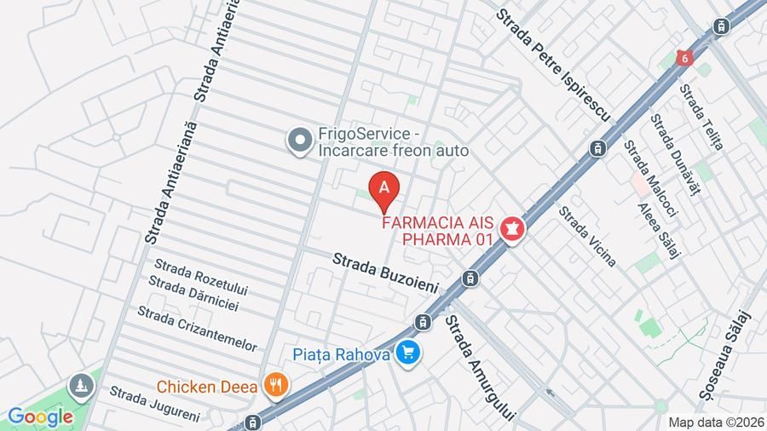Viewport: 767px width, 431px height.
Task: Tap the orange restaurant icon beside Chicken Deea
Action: (x=274, y=386)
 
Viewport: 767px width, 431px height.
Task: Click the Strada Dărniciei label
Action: (x=193, y=292)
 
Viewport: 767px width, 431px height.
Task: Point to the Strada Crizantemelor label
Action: (x=197, y=328)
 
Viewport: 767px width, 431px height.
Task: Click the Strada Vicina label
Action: (x=587, y=236)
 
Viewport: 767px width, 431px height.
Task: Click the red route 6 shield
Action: (x=683, y=57)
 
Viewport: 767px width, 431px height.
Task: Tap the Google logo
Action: (x=40, y=417)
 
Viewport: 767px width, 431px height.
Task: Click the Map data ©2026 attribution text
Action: (x=714, y=422)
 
